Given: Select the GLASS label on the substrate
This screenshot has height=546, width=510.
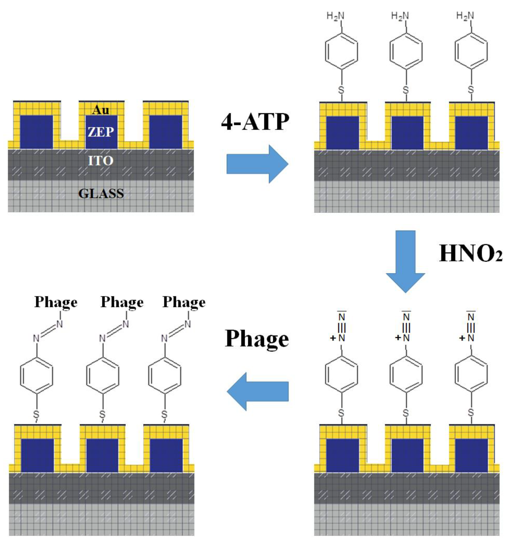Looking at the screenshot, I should [x=101, y=194].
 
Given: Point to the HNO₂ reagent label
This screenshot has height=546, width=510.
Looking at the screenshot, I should [x=470, y=253].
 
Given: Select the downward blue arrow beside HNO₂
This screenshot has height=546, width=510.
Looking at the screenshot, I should [x=405, y=261].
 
